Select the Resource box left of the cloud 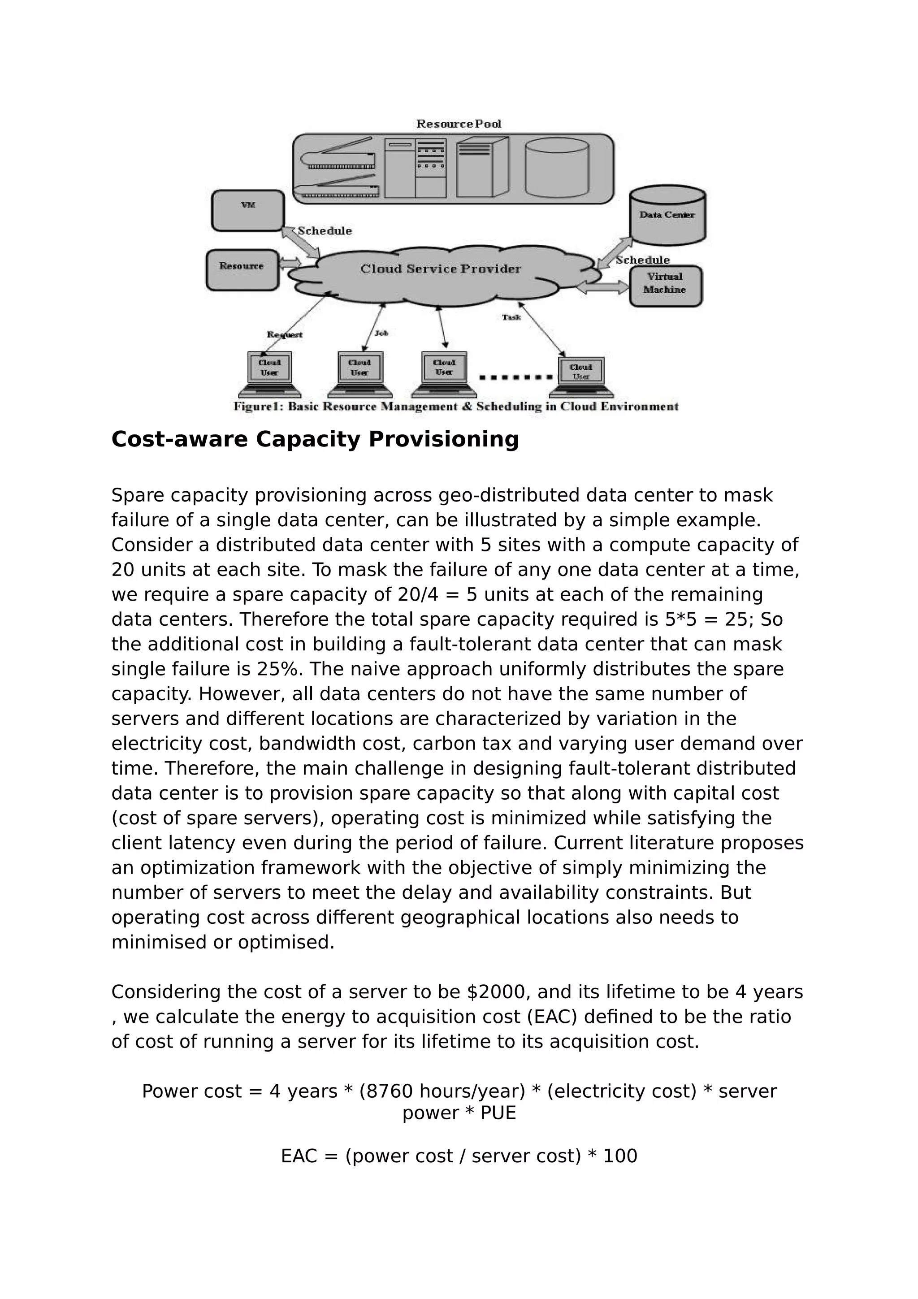[242, 270]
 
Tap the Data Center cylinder [667, 216]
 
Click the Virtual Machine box [665, 286]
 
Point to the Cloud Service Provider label [440, 269]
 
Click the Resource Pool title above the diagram [459, 124]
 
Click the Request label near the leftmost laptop [285, 335]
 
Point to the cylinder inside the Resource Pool [557, 168]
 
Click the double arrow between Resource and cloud [290, 263]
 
